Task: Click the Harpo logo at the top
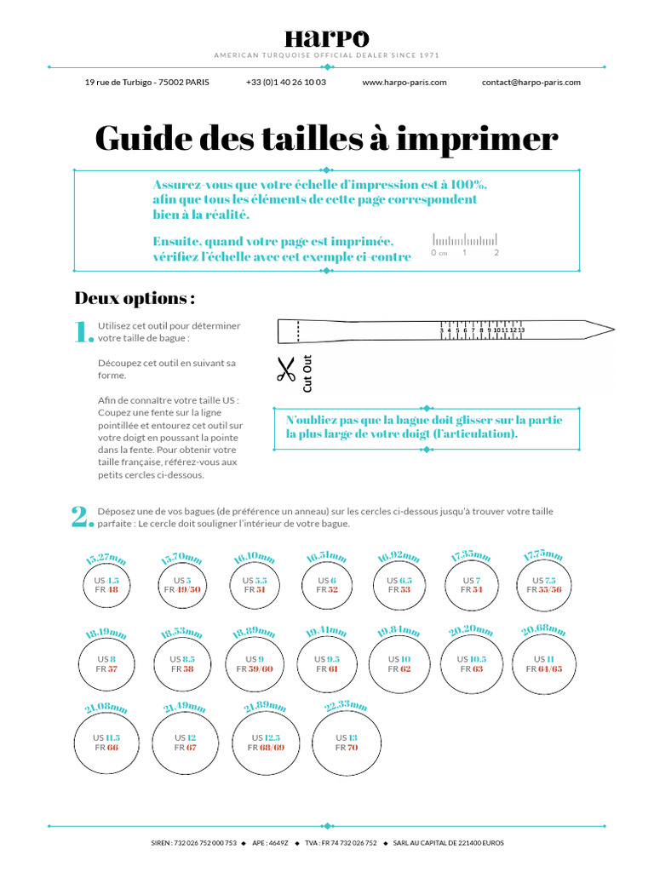(x=326, y=39)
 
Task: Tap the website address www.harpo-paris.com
(x=404, y=83)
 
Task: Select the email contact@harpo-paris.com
(x=531, y=83)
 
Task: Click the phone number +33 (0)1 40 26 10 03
(x=285, y=83)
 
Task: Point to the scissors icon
(x=284, y=370)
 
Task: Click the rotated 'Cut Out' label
(x=307, y=373)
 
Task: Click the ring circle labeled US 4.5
(x=106, y=585)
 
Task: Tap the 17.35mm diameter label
(x=471, y=556)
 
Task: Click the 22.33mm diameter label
(x=346, y=707)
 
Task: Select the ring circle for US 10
(x=399, y=664)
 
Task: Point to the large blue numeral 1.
(x=83, y=332)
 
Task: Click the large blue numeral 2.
(x=81, y=516)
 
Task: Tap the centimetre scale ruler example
(x=464, y=243)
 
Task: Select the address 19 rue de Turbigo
(x=146, y=83)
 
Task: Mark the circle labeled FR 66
(x=106, y=743)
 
